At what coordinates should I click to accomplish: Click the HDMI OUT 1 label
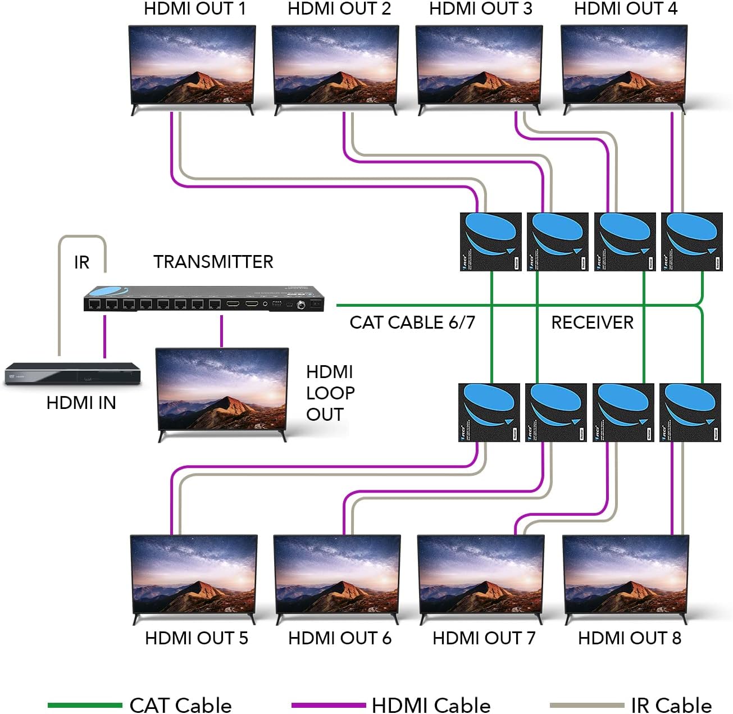click(x=194, y=9)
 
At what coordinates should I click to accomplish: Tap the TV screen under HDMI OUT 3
click(x=479, y=65)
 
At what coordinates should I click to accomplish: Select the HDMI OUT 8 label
click(x=629, y=638)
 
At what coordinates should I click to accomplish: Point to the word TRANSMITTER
click(x=213, y=262)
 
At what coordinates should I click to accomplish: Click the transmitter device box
click(x=204, y=299)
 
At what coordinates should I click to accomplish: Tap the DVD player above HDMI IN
click(x=72, y=373)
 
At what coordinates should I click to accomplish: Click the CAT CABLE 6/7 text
click(x=412, y=322)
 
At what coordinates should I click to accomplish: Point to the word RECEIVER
click(x=592, y=322)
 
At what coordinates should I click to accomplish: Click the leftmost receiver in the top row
click(x=490, y=242)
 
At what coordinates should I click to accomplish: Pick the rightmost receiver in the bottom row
click(x=690, y=412)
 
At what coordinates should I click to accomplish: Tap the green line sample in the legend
click(x=84, y=705)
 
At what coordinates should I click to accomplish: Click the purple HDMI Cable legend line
click(x=329, y=705)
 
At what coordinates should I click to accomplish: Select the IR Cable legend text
click(x=671, y=705)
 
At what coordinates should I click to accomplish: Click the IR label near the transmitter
click(x=81, y=262)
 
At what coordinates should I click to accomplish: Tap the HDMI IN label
click(x=81, y=403)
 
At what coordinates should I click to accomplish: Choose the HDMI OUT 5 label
click(x=196, y=638)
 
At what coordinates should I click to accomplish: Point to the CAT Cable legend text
click(x=180, y=705)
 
